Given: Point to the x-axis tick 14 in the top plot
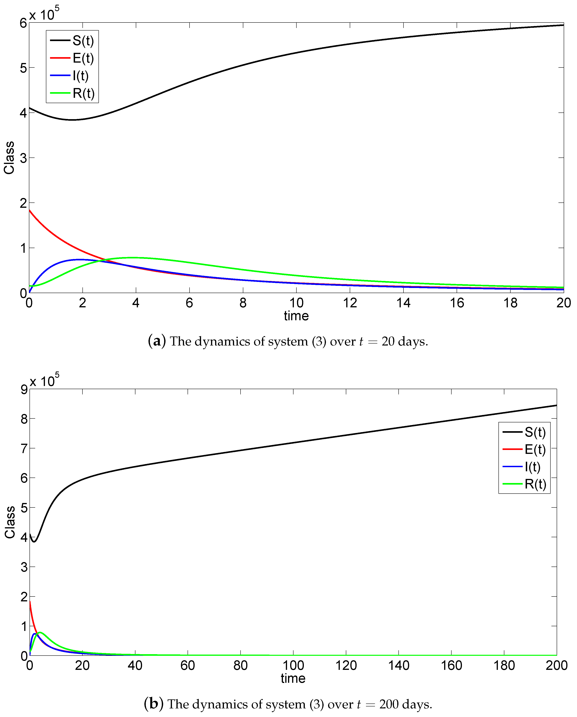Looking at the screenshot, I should [x=403, y=303].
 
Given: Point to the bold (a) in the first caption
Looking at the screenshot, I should [x=157, y=341].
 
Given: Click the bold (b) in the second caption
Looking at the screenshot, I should [x=154, y=704].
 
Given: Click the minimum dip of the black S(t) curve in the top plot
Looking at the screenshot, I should [x=72, y=120].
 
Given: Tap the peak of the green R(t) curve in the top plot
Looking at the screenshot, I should [x=133, y=257].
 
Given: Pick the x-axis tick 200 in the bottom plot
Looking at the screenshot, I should [x=556, y=665].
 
